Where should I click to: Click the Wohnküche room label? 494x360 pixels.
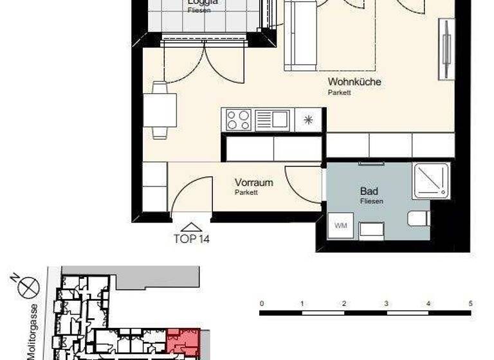(354, 82)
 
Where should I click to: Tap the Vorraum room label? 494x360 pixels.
(253, 183)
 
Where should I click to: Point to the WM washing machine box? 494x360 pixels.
(340, 226)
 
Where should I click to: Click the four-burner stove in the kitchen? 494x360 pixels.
(237, 120)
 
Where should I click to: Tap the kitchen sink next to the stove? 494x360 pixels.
(273, 120)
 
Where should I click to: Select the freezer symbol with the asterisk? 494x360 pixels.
(308, 120)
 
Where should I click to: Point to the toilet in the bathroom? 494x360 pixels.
(419, 218)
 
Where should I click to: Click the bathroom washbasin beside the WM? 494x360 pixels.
(371, 229)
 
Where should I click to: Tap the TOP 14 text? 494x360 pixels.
(192, 239)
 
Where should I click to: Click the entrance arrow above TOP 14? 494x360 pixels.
(191, 226)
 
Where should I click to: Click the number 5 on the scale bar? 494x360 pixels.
(471, 303)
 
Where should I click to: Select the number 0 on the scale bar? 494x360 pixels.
(261, 303)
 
